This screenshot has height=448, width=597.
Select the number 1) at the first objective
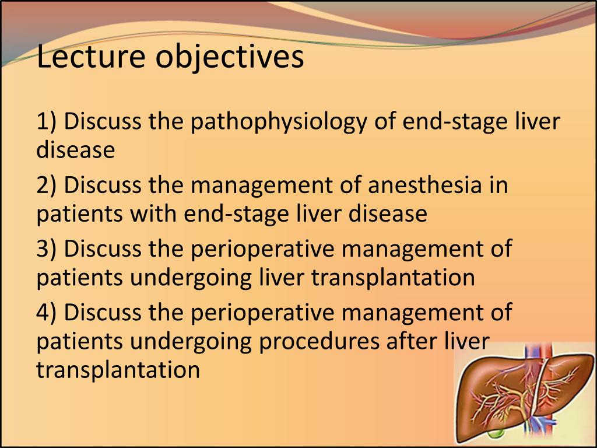pos(46,122)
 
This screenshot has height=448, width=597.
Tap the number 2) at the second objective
pos(46,185)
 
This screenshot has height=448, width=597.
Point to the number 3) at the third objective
pos(46,249)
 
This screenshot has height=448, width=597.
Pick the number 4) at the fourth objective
pos(46,312)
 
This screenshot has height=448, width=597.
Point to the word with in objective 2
pos(153,214)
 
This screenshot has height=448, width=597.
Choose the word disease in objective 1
pos(75,150)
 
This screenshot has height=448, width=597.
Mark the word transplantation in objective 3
pos(393,278)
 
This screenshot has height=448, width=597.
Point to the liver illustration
pos(525,397)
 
